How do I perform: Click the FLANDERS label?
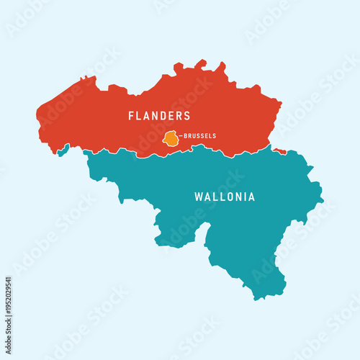click(x=159, y=116)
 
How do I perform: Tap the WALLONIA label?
click(x=225, y=197)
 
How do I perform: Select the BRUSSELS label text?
click(x=200, y=136)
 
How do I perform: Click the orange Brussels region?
click(x=171, y=139)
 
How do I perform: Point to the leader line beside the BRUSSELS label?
click(x=181, y=136)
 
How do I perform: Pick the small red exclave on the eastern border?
click(x=279, y=151)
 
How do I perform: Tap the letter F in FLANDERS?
click(x=132, y=116)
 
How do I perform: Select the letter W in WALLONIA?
click(x=199, y=197)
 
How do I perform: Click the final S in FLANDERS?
click(x=187, y=116)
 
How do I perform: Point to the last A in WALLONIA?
click(x=251, y=197)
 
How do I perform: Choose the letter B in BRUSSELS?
click(x=186, y=136)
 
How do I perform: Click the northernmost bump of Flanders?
click(x=201, y=62)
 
